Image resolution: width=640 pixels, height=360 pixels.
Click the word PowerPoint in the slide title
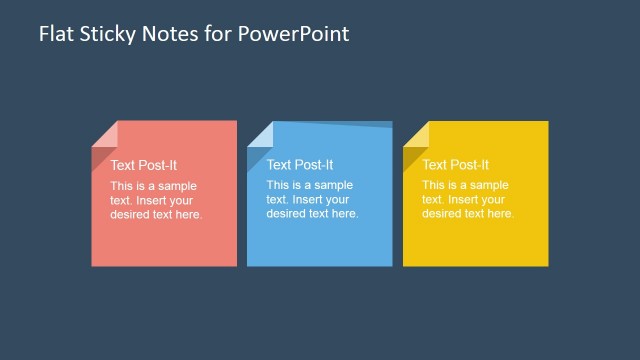pyautogui.click(x=297, y=34)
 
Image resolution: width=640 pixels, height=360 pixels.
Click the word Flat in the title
pyautogui.click(x=54, y=34)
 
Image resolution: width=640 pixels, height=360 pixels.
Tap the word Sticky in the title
pyautogui.click(x=110, y=34)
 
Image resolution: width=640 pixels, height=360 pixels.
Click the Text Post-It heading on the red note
pyautogui.click(x=144, y=165)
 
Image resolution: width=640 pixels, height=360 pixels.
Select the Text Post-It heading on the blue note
pyautogui.click(x=300, y=165)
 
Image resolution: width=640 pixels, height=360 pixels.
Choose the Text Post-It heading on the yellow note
pyautogui.click(x=456, y=165)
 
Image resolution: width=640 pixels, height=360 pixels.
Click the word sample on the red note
pyautogui.click(x=177, y=186)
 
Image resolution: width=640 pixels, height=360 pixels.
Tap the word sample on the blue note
pyautogui.click(x=333, y=186)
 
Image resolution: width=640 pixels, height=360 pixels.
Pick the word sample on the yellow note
pyautogui.click(x=489, y=186)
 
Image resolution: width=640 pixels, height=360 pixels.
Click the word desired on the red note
pyautogui.click(x=131, y=214)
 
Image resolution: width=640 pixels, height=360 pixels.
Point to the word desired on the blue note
pyautogui.click(x=287, y=214)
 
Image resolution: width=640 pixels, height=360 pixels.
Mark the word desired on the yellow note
pyautogui.click(x=443, y=214)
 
